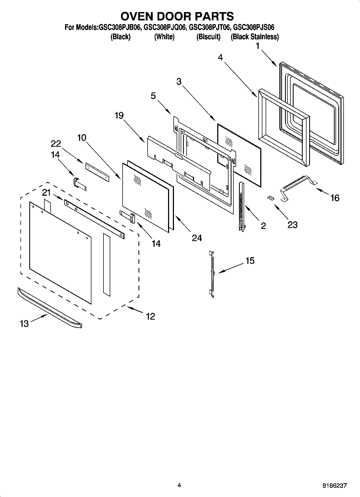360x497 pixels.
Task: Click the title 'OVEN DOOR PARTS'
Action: point(177,16)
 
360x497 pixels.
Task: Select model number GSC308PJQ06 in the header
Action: point(165,27)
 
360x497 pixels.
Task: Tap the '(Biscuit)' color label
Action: point(208,37)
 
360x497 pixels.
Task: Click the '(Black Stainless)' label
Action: point(254,37)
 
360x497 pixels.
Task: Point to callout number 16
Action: point(335,198)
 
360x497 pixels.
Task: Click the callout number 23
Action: point(292,224)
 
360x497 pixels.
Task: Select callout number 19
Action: point(119,116)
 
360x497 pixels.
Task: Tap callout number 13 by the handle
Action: point(24,324)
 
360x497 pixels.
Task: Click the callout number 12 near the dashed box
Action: point(151,316)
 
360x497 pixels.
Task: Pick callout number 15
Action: point(250,261)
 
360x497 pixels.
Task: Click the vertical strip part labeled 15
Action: point(212,274)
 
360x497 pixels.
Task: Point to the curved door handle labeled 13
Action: point(50,308)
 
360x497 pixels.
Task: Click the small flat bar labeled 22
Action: point(97,172)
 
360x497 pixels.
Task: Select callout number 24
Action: point(197,238)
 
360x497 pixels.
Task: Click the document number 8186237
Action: point(334,486)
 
